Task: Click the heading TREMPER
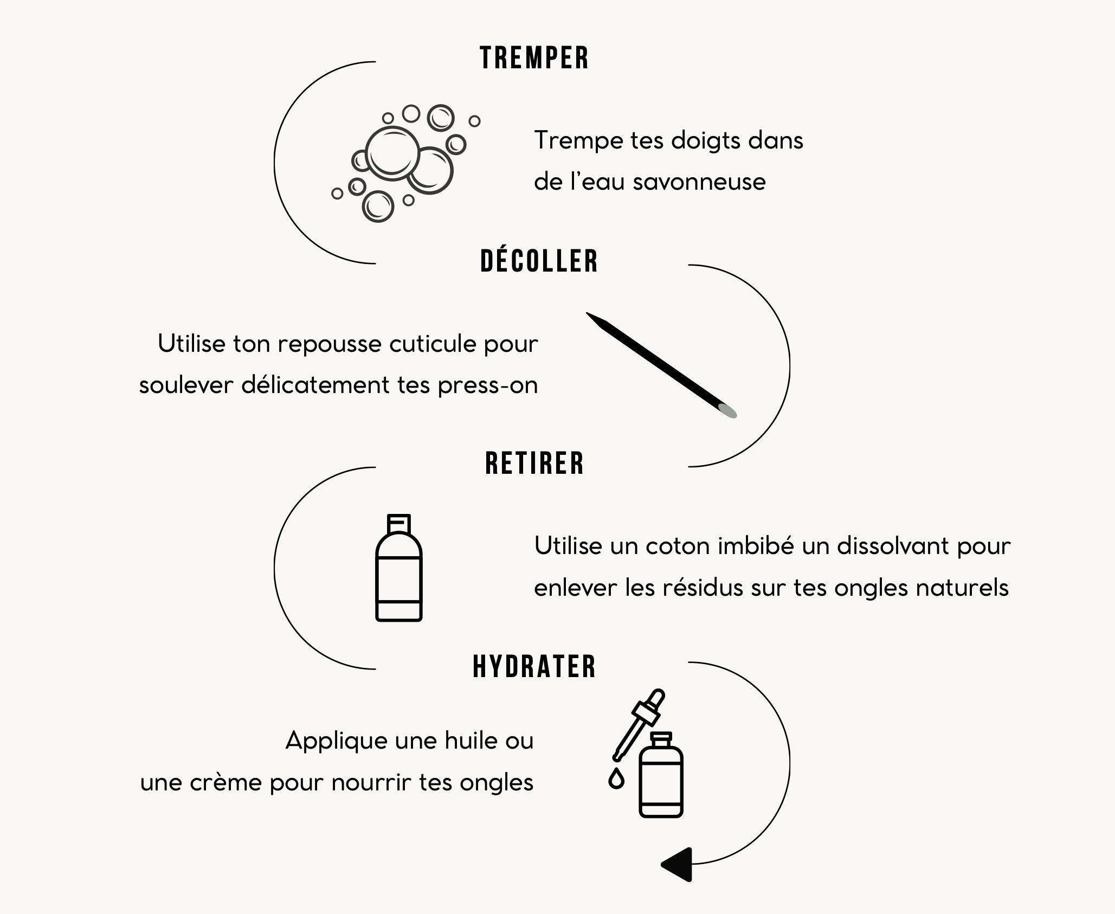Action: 534,58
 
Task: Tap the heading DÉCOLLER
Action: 539,260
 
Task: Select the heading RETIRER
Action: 535,464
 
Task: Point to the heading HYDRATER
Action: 534,666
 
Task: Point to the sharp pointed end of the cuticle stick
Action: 588,313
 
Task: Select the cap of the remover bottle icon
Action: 399,524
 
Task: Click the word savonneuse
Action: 699,182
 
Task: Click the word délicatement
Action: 315,385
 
